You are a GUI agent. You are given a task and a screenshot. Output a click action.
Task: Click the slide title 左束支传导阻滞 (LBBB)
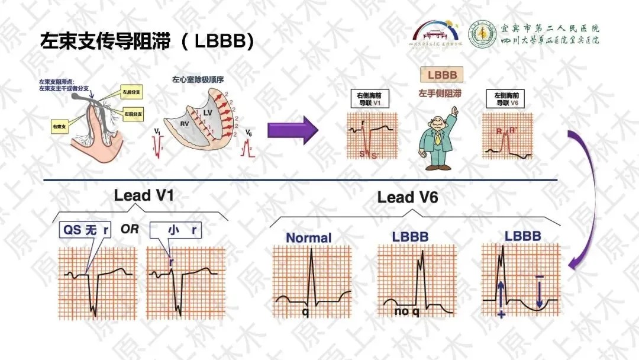[x=147, y=42]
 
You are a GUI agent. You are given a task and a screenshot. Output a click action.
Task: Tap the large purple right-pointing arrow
[x=293, y=130]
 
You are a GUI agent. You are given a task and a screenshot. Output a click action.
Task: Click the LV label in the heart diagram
[x=207, y=111]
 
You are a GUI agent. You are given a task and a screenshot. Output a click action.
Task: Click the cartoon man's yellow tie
[x=437, y=139]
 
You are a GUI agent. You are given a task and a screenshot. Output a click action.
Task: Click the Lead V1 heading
[x=144, y=195]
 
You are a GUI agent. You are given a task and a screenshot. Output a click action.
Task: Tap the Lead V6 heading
[x=408, y=198]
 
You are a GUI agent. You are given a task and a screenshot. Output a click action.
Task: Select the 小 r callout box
[x=173, y=229]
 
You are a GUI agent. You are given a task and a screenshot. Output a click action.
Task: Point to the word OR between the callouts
[x=130, y=229]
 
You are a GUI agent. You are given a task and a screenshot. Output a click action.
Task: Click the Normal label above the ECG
[x=309, y=238]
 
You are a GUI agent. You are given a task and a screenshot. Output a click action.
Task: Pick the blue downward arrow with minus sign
[x=540, y=290]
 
